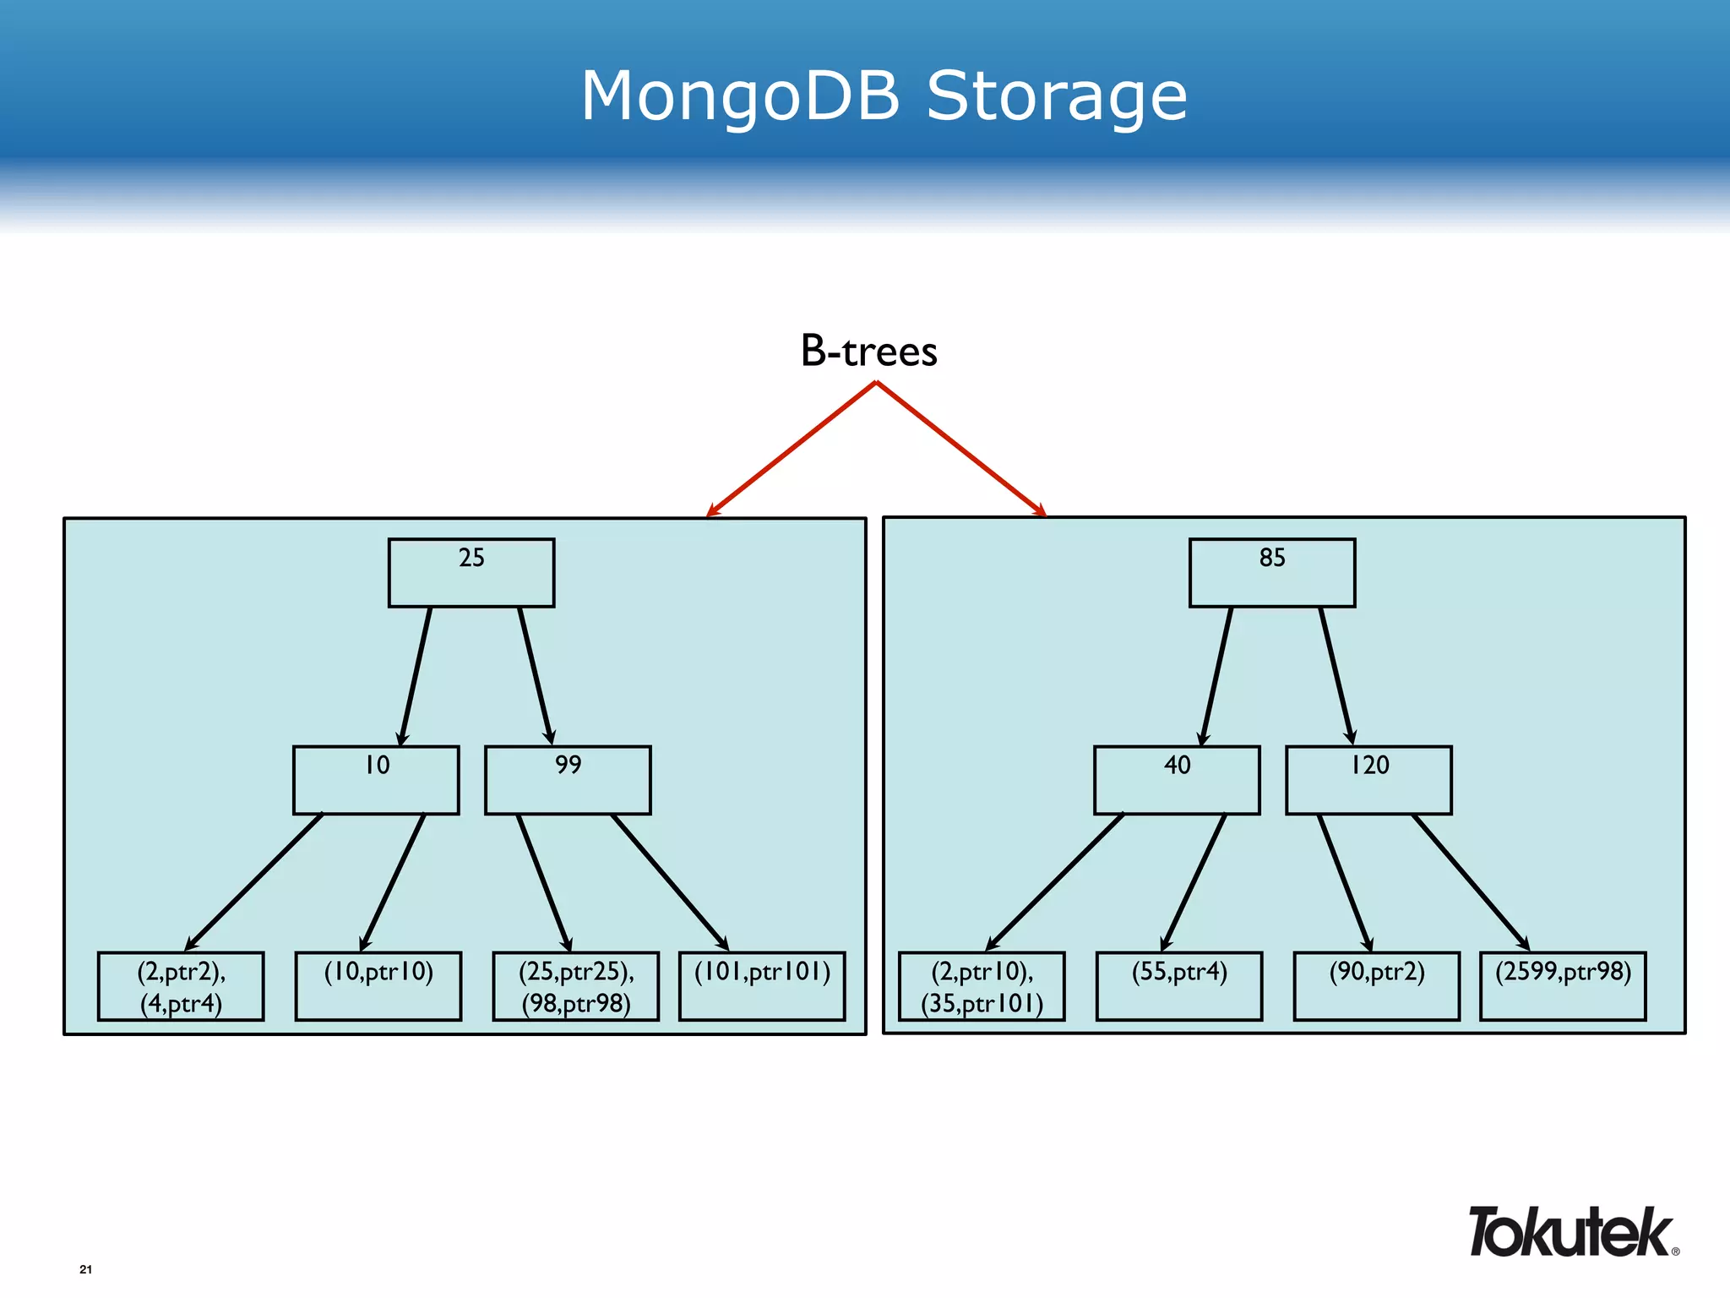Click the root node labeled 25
coord(471,572)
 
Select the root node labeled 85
coord(1271,572)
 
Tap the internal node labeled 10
coord(376,779)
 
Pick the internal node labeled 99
coord(568,779)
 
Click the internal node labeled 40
coord(1177,779)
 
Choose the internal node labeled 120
coord(1368,779)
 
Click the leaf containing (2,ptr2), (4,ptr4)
coord(181,986)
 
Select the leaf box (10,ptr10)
coord(378,986)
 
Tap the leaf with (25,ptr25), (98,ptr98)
coord(576,986)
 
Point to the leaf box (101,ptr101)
coord(762,986)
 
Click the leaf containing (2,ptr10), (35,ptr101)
coord(982,986)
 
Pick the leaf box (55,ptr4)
coord(1179,986)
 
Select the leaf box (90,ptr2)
coord(1377,986)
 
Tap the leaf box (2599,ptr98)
coord(1563,986)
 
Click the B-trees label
coord(868,351)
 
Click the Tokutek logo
coord(1571,1232)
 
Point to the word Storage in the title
coord(1057,96)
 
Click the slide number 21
coord(85,1269)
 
